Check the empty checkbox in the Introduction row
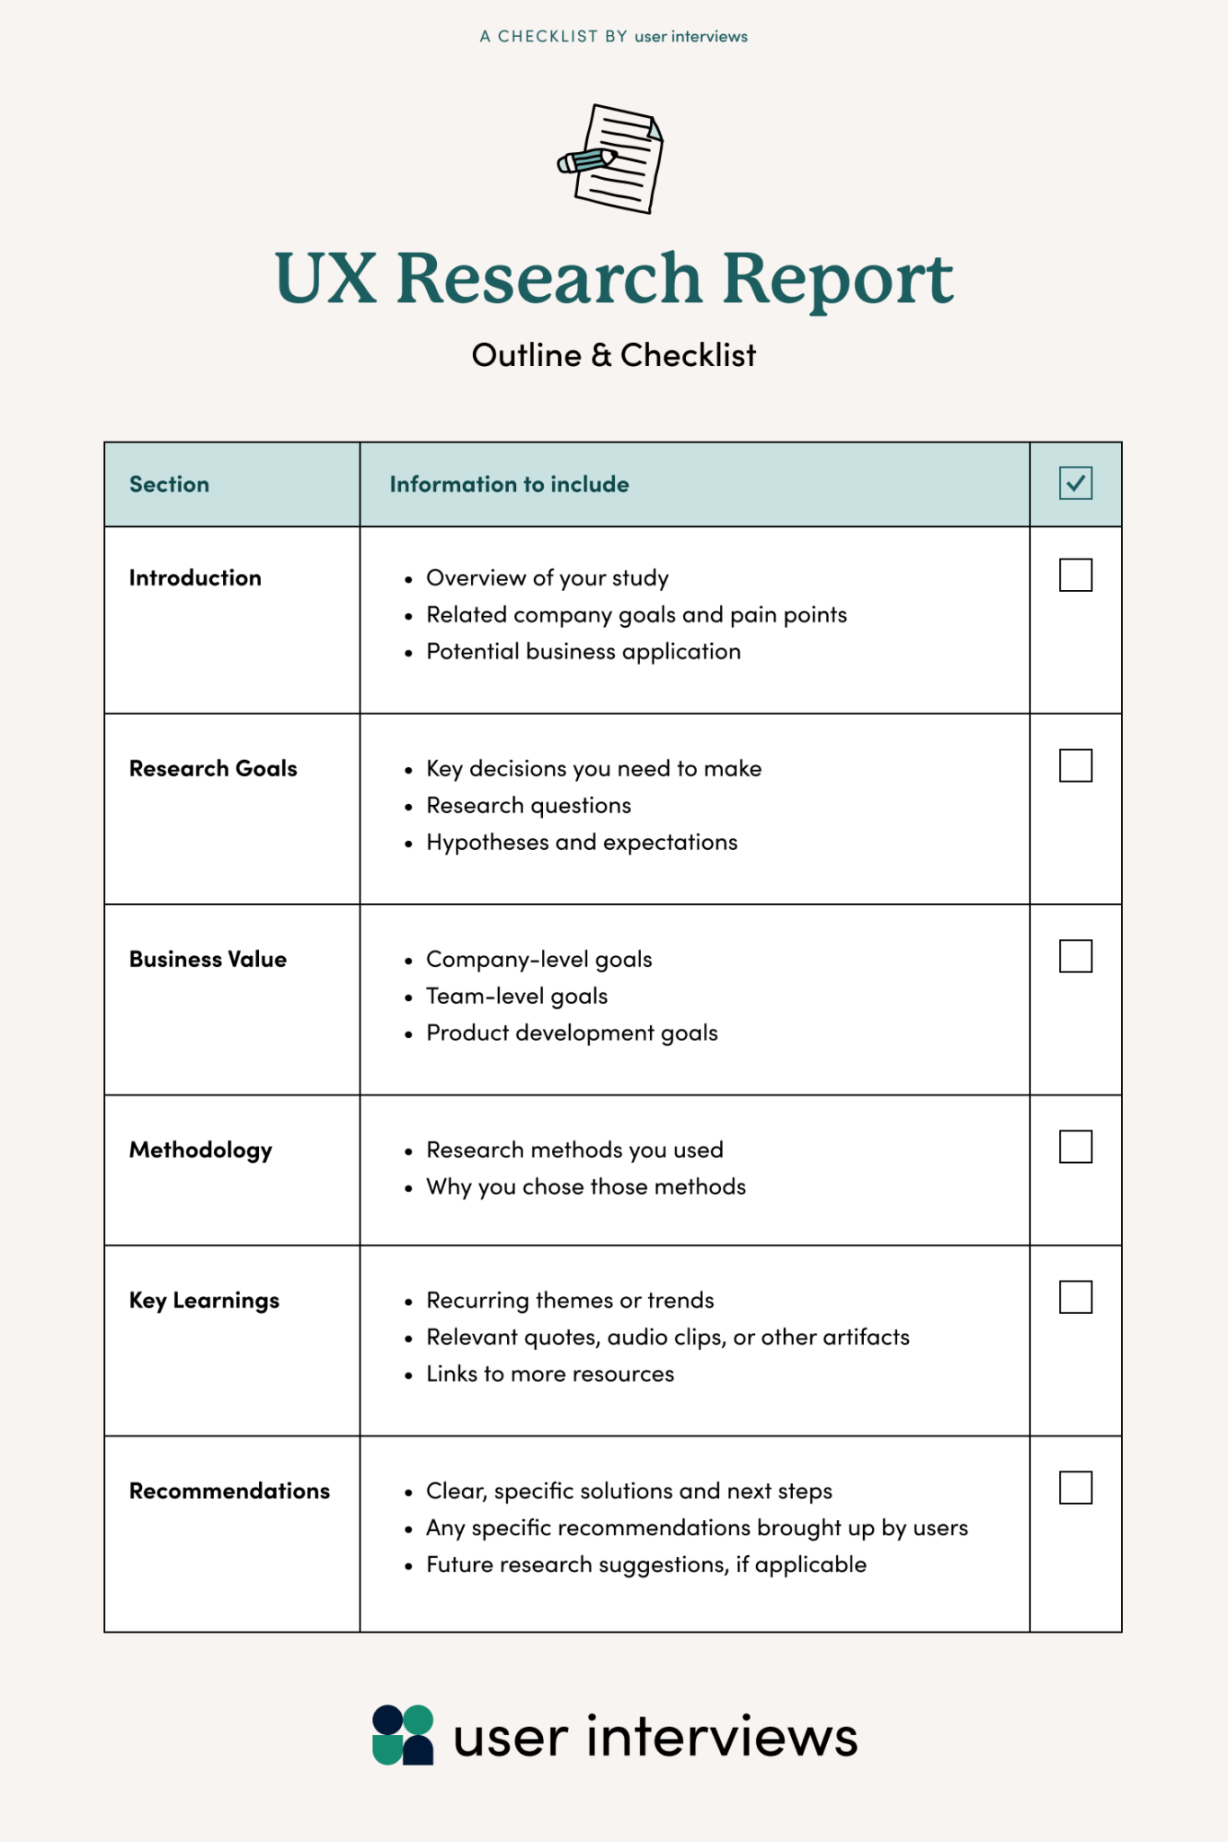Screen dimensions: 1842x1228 (1075, 576)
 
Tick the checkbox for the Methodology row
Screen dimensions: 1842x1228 (1075, 1147)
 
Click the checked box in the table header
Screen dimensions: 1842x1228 (1075, 483)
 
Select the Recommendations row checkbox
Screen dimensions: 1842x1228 (1075, 1488)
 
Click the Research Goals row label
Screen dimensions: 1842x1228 (213, 768)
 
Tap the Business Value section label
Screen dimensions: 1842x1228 (208, 959)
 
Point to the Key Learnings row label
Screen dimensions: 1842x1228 (204, 1301)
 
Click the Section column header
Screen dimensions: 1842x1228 (169, 484)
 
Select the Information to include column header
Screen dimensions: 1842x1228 (509, 484)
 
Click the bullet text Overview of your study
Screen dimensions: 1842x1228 (547, 577)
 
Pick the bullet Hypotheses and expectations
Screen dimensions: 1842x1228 (582, 842)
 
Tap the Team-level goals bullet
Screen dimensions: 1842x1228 (517, 996)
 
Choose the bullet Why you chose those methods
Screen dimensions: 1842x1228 (585, 1186)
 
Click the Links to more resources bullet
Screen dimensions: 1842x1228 (549, 1373)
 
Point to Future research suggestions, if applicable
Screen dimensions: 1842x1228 (645, 1564)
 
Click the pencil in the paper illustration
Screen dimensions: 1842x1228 (586, 161)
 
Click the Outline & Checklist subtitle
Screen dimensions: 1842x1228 (614, 355)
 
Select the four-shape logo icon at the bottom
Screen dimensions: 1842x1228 (403, 1735)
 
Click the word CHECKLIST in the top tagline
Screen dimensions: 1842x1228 (547, 36)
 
